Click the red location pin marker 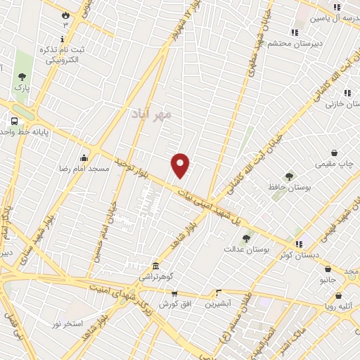181,165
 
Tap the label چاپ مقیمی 335,164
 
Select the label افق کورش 174,304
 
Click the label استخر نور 67,323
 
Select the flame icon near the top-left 65,15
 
